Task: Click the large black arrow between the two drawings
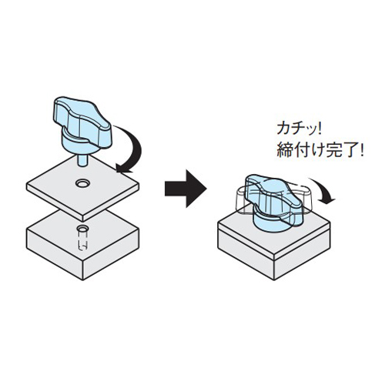click(186, 189)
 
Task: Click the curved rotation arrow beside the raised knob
click(137, 149)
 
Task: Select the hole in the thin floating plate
click(82, 183)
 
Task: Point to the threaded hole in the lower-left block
click(83, 228)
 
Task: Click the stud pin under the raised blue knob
click(82, 160)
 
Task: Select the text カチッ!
click(299, 129)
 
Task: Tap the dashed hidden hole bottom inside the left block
click(83, 246)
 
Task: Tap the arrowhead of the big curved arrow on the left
click(123, 168)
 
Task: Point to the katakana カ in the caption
click(283, 129)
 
